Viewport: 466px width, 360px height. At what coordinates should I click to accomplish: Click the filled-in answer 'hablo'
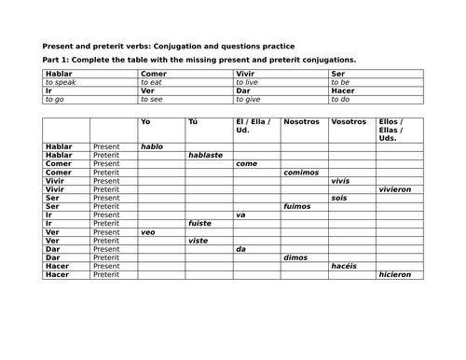[152, 146]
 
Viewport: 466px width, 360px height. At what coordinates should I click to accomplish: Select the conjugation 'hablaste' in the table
[205, 155]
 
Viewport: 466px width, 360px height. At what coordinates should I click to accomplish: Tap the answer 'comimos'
[302, 172]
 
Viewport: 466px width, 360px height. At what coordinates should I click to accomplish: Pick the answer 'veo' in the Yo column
[149, 231]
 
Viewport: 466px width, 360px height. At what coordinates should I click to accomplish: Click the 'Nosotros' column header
[301, 121]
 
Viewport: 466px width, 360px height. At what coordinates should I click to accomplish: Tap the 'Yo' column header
[144, 121]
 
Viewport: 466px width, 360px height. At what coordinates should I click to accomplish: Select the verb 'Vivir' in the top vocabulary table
[245, 73]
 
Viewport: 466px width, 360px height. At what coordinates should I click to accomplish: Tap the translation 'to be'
[340, 82]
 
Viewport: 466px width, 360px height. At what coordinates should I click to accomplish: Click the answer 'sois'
[340, 198]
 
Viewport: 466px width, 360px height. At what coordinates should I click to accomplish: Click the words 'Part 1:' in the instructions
[59, 59]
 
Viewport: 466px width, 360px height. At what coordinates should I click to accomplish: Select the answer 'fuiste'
[201, 223]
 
